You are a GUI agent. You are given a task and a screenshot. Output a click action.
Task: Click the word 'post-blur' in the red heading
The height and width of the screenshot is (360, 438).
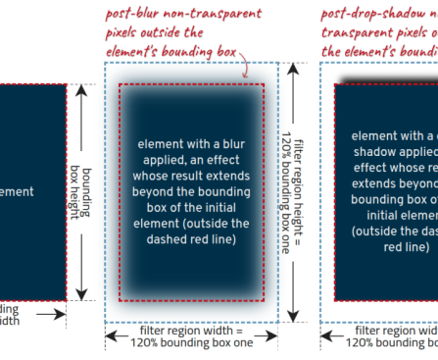tap(139, 13)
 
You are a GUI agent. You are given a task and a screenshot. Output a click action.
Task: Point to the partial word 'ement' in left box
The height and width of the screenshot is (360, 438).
tap(18, 192)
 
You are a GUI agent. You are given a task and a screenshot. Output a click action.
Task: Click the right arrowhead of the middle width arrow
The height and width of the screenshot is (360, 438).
tap(276, 335)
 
